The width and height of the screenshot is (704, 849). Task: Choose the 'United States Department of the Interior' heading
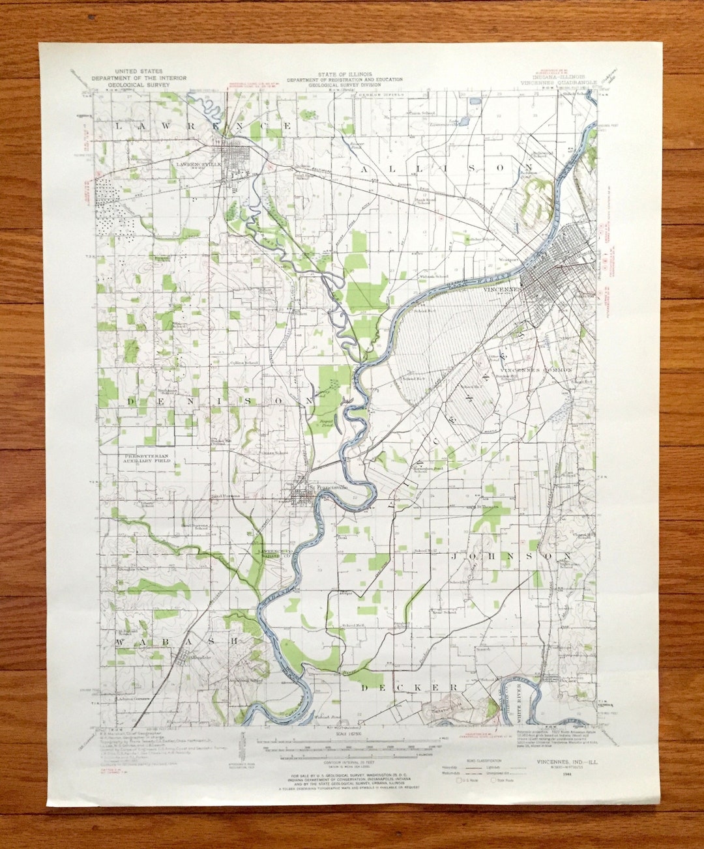click(x=139, y=78)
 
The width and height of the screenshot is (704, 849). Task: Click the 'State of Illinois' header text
click(x=345, y=74)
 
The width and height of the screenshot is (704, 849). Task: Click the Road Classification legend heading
click(x=485, y=760)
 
